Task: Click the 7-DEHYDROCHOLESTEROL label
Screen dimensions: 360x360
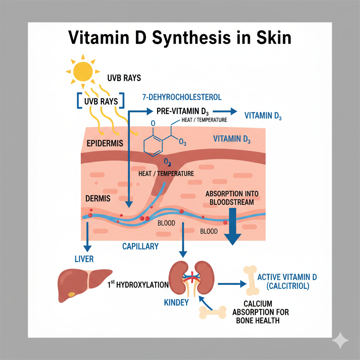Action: [182, 97]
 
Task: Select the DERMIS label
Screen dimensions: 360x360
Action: [98, 198]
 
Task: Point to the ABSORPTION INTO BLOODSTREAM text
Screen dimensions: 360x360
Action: [230, 198]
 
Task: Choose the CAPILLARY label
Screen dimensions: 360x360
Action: [141, 246]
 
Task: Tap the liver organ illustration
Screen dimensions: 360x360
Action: [84, 285]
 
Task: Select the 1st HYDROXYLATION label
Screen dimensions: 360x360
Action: [138, 284]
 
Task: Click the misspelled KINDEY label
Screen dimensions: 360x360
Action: [177, 302]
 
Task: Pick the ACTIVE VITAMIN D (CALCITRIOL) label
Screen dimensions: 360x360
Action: [287, 282]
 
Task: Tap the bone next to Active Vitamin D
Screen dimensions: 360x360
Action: [253, 280]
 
